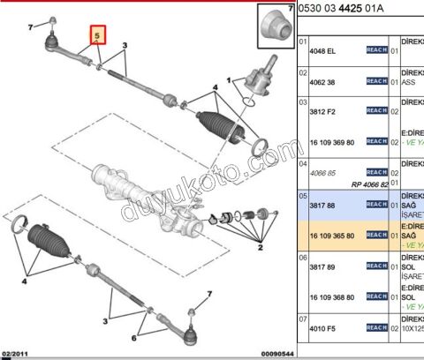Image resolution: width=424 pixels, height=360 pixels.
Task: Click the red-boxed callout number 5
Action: coord(99,36)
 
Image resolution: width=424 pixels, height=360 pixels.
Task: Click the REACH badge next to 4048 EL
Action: coord(377,51)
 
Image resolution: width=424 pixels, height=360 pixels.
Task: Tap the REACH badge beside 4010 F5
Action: coord(377,326)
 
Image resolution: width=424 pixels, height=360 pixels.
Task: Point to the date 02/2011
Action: coord(16,354)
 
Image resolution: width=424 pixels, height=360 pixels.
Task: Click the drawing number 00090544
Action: coord(266,354)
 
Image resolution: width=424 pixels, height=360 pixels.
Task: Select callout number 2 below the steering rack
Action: coord(260,248)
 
